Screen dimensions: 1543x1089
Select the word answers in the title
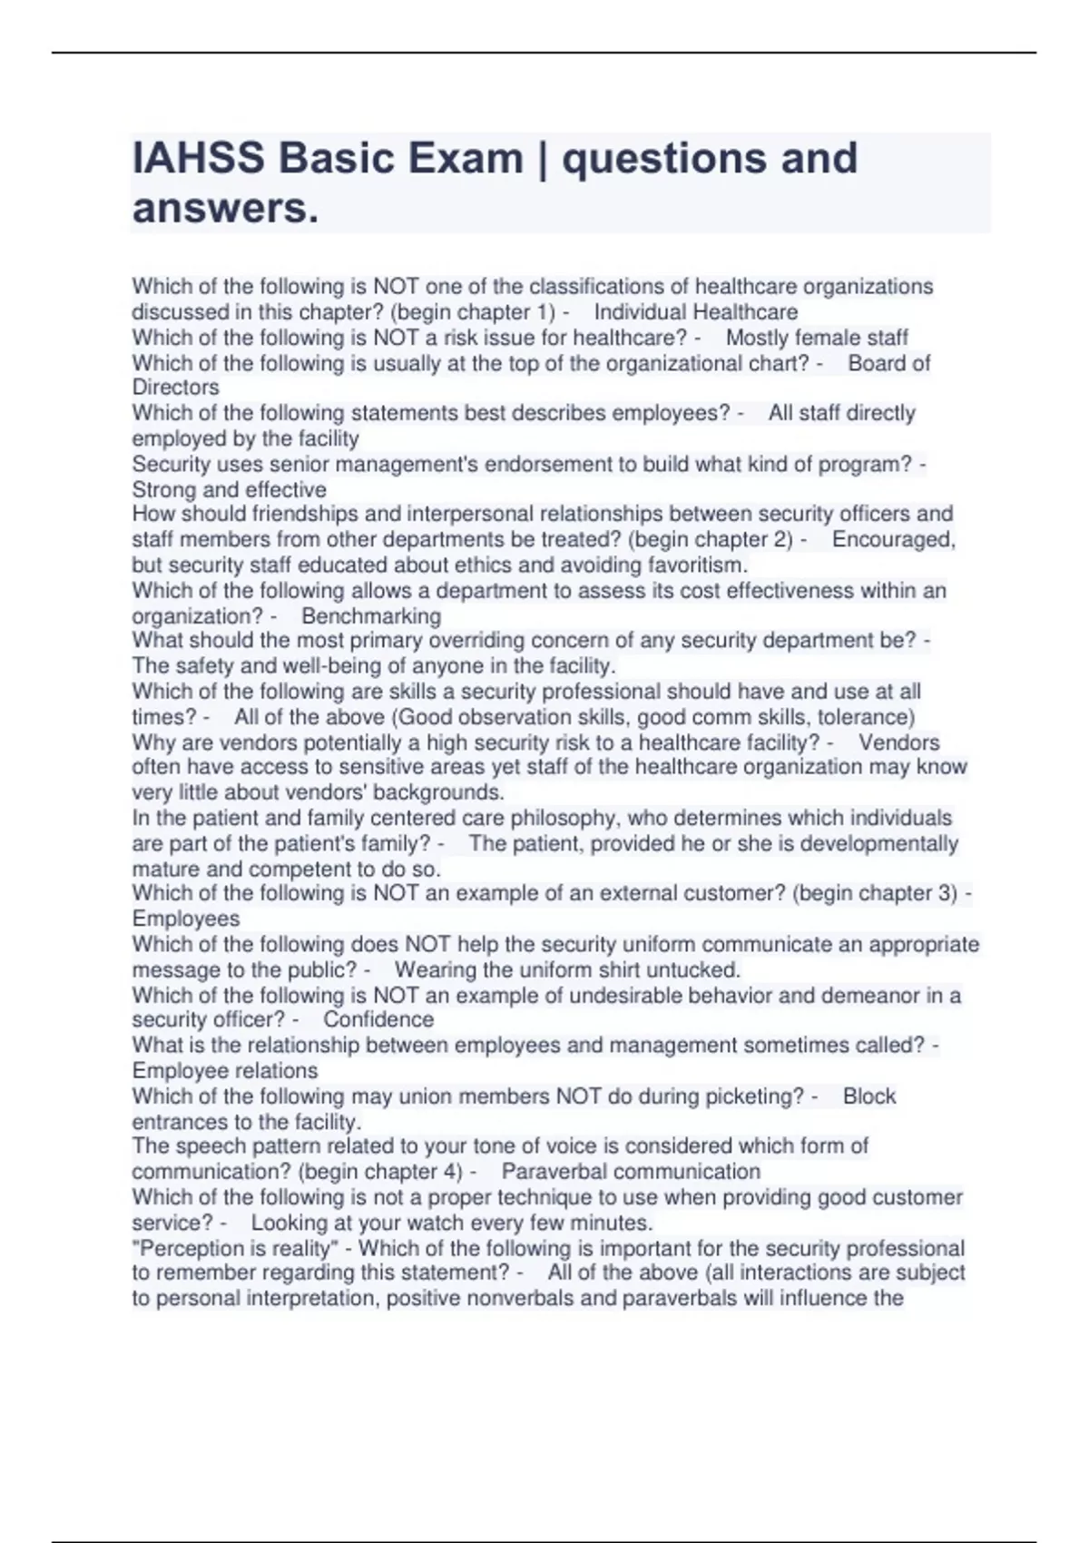(225, 209)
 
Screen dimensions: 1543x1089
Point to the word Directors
(176, 388)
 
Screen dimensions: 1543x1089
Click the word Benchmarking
(371, 616)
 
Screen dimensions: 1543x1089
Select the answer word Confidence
(378, 1019)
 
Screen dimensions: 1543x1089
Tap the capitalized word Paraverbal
(553, 1171)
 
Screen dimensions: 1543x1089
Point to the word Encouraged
(893, 539)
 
